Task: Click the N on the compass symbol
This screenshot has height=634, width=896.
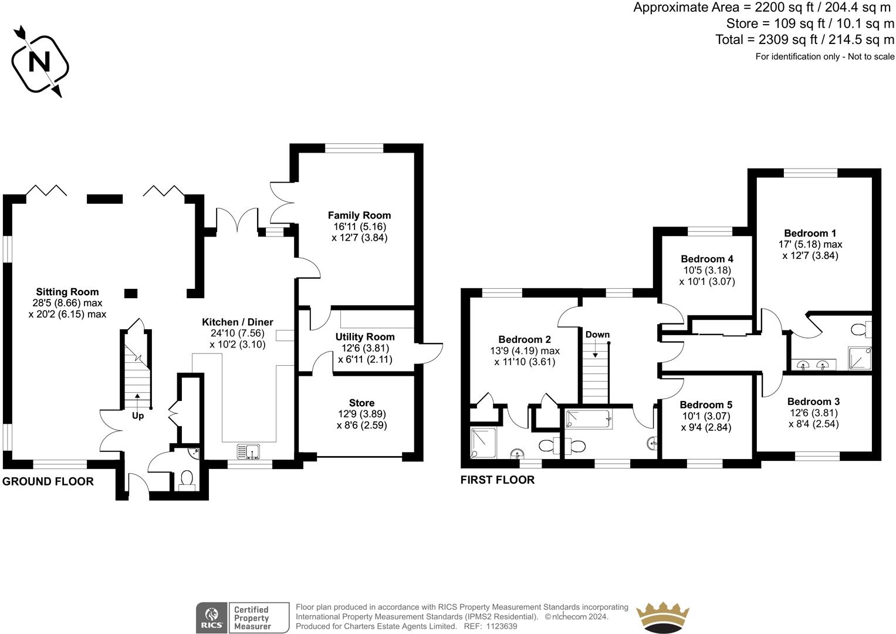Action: pos(39,62)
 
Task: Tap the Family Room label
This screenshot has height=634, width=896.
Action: pos(359,215)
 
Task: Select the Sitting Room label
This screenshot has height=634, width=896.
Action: pos(67,292)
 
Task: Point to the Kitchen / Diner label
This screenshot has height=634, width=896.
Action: pos(238,322)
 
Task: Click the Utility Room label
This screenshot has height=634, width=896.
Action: pos(365,336)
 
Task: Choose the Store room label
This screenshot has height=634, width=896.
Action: pos(361,403)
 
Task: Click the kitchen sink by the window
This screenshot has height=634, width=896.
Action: pos(248,451)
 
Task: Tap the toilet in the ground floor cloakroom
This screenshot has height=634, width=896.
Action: pos(187,480)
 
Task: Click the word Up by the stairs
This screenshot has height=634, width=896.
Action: pos(138,416)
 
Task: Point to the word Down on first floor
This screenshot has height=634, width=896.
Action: pos(597,335)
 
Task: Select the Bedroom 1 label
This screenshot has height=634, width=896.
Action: pos(810,233)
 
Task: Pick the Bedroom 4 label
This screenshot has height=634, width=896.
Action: pos(707,258)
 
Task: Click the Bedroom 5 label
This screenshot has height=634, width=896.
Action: pos(706,404)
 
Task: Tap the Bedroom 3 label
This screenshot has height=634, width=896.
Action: pos(814,402)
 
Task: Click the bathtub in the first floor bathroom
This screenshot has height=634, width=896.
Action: pos(589,419)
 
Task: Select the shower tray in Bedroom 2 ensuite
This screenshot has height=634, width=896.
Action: pos(483,443)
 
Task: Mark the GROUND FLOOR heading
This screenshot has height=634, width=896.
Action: pos(48,481)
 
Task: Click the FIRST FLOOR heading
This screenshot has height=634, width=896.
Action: pos(497,480)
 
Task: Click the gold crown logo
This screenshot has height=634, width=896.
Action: pos(663,617)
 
